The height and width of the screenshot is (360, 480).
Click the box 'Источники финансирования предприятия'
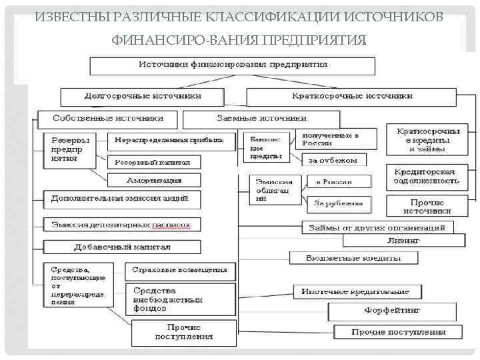coord(233,65)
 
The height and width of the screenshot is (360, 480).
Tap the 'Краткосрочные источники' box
coord(352,96)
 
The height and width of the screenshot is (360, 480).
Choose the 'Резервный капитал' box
coord(153,161)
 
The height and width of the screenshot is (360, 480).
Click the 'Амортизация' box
coord(154,180)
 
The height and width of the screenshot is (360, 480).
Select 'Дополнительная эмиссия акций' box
coord(121,199)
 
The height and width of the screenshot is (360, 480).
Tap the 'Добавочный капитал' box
coord(123,247)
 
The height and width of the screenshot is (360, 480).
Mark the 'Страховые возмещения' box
coord(180,270)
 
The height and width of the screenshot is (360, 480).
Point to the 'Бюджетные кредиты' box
coord(343,257)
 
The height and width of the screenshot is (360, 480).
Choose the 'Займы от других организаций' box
coord(377,227)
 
